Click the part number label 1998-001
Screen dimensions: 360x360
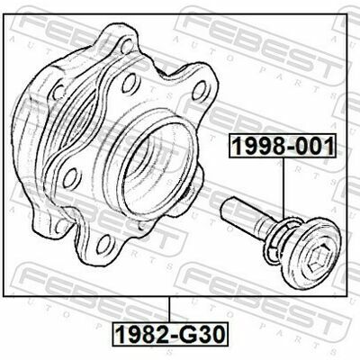coord(283,146)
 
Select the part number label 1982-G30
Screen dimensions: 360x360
coord(170,334)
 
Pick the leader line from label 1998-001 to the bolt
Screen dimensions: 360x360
coord(283,188)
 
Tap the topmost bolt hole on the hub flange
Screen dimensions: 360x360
coord(127,46)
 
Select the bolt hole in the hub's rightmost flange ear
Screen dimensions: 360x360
coord(198,90)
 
